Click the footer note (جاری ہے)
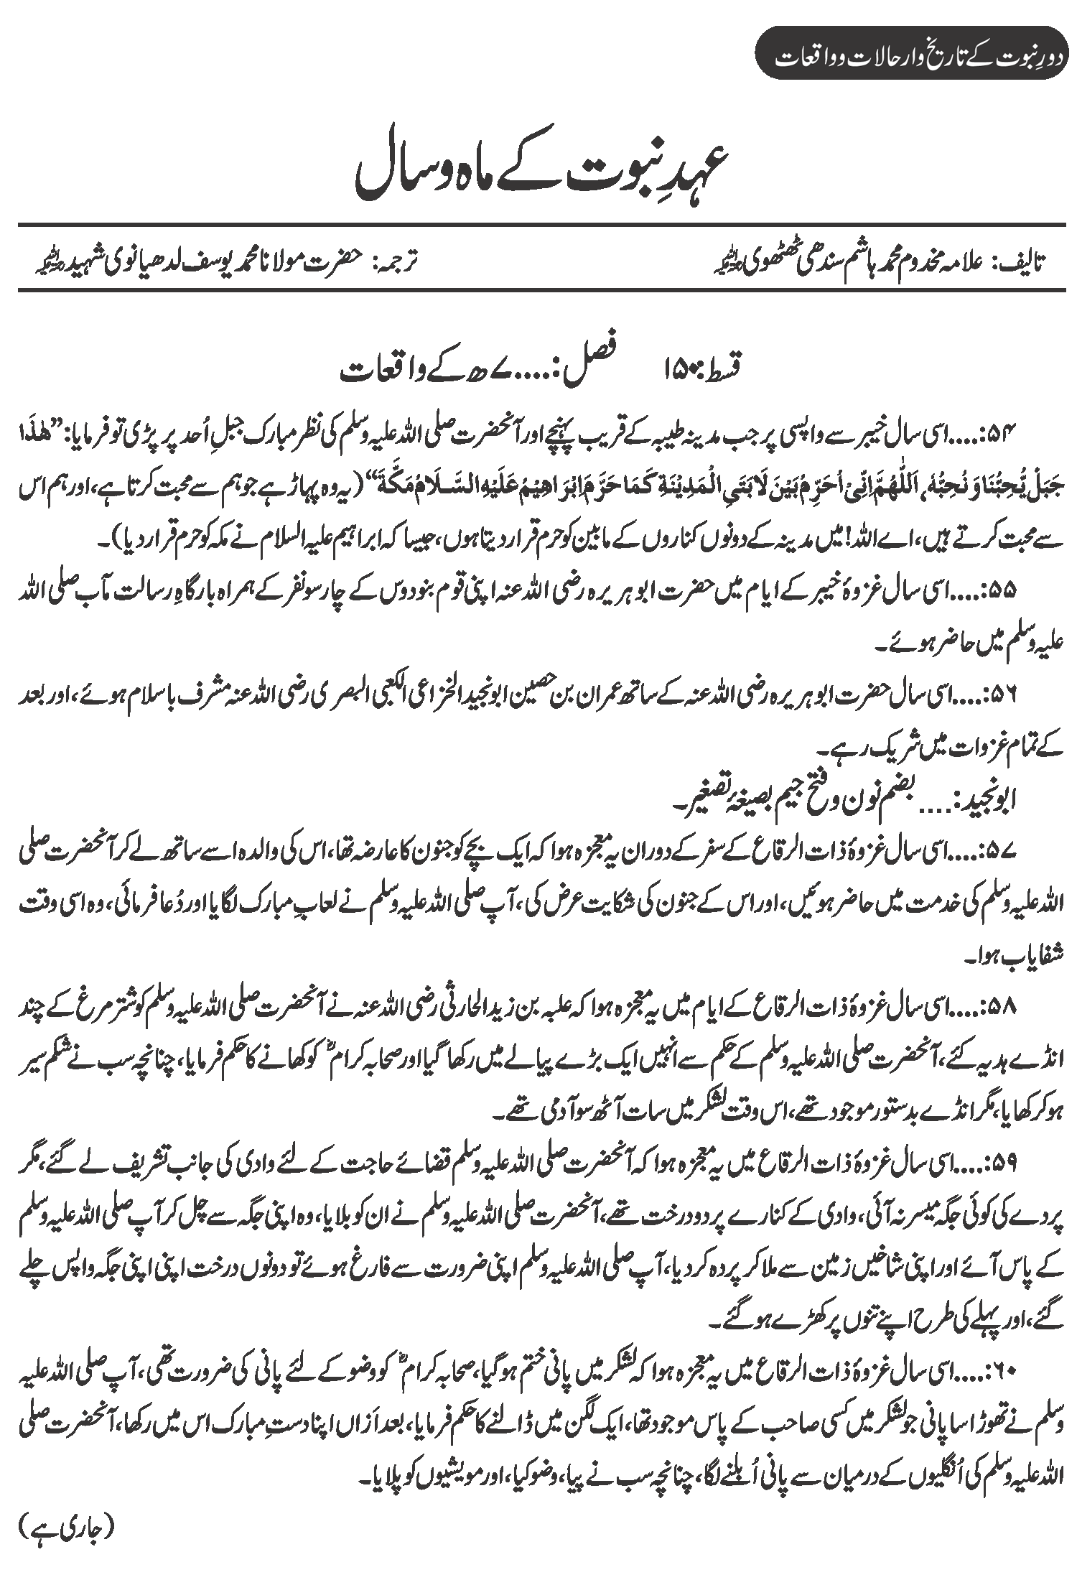(x=65, y=1541)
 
